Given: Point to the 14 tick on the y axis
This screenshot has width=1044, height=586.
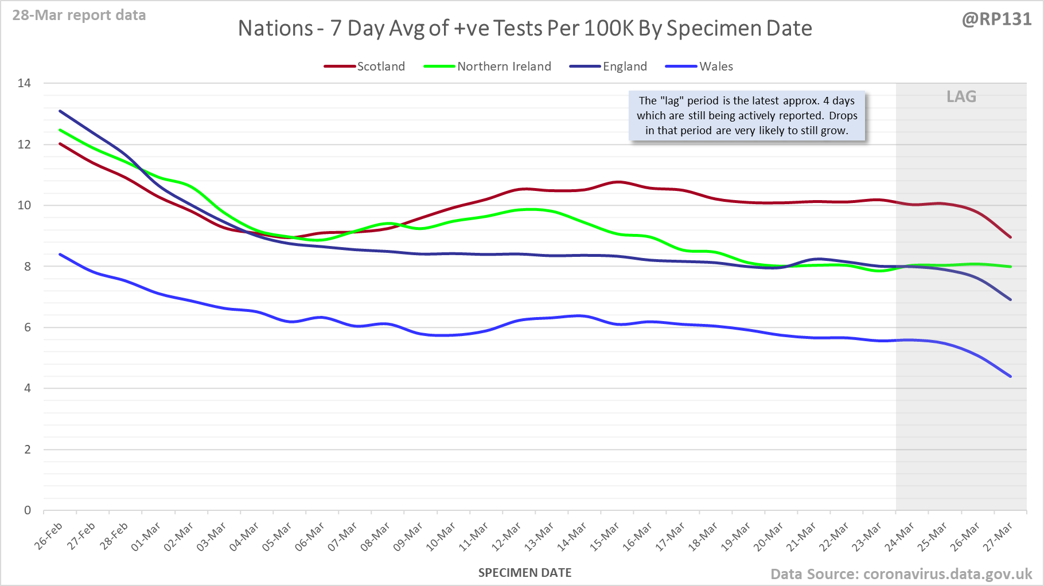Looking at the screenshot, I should point(24,83).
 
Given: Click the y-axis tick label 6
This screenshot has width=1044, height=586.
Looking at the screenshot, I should point(28,327).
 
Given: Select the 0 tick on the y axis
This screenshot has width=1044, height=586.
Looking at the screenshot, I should point(28,510).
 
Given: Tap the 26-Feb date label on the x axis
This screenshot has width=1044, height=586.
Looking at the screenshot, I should point(49,536).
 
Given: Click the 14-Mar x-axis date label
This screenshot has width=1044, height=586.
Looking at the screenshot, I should point(572,536).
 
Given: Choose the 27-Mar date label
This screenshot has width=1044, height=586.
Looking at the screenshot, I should point(999,536).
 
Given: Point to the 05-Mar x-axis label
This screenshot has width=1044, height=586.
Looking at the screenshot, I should point(278,536).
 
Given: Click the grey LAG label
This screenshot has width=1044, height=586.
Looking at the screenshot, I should point(961,96).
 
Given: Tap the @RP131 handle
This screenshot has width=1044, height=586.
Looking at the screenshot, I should point(997,19).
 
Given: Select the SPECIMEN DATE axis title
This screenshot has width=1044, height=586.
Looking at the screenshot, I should point(525,573).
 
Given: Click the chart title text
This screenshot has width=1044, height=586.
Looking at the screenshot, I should point(525,28).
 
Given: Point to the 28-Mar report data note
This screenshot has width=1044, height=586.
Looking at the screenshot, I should point(79,15).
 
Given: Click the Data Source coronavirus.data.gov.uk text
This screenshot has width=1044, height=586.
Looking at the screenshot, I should point(901,574).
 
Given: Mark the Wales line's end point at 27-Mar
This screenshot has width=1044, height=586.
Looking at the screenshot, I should point(1010,377).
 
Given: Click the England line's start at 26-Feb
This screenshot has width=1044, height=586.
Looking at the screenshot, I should point(60,111).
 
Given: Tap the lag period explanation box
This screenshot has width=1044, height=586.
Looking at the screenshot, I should point(747,116).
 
